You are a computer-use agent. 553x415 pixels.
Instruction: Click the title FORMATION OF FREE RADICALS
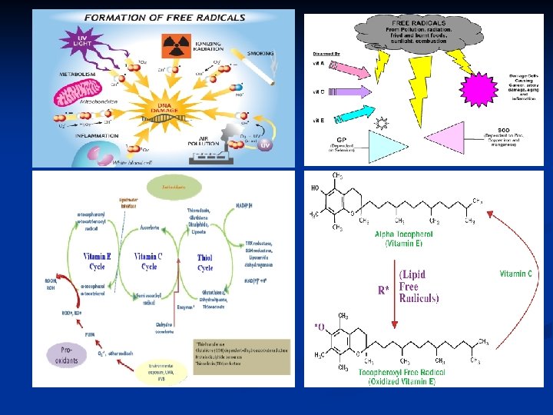154,17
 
